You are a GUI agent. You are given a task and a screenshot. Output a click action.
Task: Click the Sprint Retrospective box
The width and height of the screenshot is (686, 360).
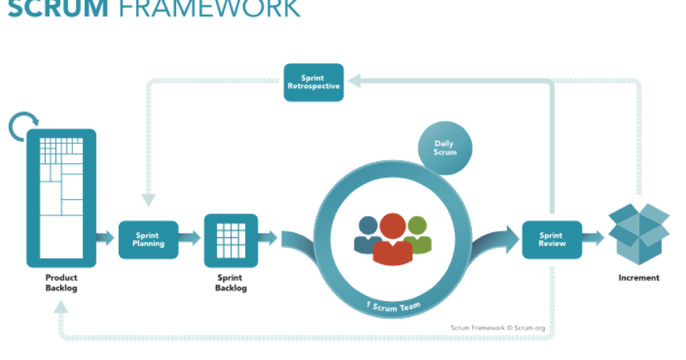click(314, 82)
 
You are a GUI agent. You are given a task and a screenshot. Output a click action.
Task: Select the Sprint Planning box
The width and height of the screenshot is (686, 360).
click(149, 240)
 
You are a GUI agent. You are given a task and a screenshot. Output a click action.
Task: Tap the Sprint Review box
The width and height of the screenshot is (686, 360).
click(552, 240)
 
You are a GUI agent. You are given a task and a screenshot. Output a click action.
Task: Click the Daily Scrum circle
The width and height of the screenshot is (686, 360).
click(445, 148)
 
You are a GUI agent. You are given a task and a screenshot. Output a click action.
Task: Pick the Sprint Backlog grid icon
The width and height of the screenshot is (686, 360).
click(231, 240)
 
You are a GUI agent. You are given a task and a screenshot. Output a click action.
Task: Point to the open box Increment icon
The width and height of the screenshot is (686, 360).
click(639, 234)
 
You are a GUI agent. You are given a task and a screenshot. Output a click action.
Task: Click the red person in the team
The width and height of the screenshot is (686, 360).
click(393, 239)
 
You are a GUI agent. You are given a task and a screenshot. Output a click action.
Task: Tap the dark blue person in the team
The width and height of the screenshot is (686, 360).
click(367, 235)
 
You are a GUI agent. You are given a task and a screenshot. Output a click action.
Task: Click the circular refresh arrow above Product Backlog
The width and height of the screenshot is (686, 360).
click(23, 127)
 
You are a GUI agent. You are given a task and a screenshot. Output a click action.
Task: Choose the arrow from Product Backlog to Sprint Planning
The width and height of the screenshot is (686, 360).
click(105, 238)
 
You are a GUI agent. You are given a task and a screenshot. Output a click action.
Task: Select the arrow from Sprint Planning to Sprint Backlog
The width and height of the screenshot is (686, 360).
click(189, 238)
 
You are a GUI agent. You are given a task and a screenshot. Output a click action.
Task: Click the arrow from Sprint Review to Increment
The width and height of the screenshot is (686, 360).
click(593, 238)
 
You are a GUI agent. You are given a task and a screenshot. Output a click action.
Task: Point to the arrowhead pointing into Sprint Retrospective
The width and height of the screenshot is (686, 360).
click(354, 81)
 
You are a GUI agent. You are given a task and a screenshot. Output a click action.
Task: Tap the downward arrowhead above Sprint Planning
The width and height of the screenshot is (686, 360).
click(149, 200)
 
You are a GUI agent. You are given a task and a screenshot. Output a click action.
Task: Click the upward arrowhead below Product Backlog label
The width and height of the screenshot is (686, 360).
click(61, 307)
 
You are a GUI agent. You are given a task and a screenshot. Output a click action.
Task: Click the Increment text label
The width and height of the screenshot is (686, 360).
click(639, 278)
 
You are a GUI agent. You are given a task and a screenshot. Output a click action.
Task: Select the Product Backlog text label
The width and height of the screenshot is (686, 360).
click(61, 283)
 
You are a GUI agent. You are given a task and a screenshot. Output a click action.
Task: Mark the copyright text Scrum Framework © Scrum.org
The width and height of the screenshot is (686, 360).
click(498, 327)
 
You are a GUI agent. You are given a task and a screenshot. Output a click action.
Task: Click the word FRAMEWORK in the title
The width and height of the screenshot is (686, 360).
click(209, 9)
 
